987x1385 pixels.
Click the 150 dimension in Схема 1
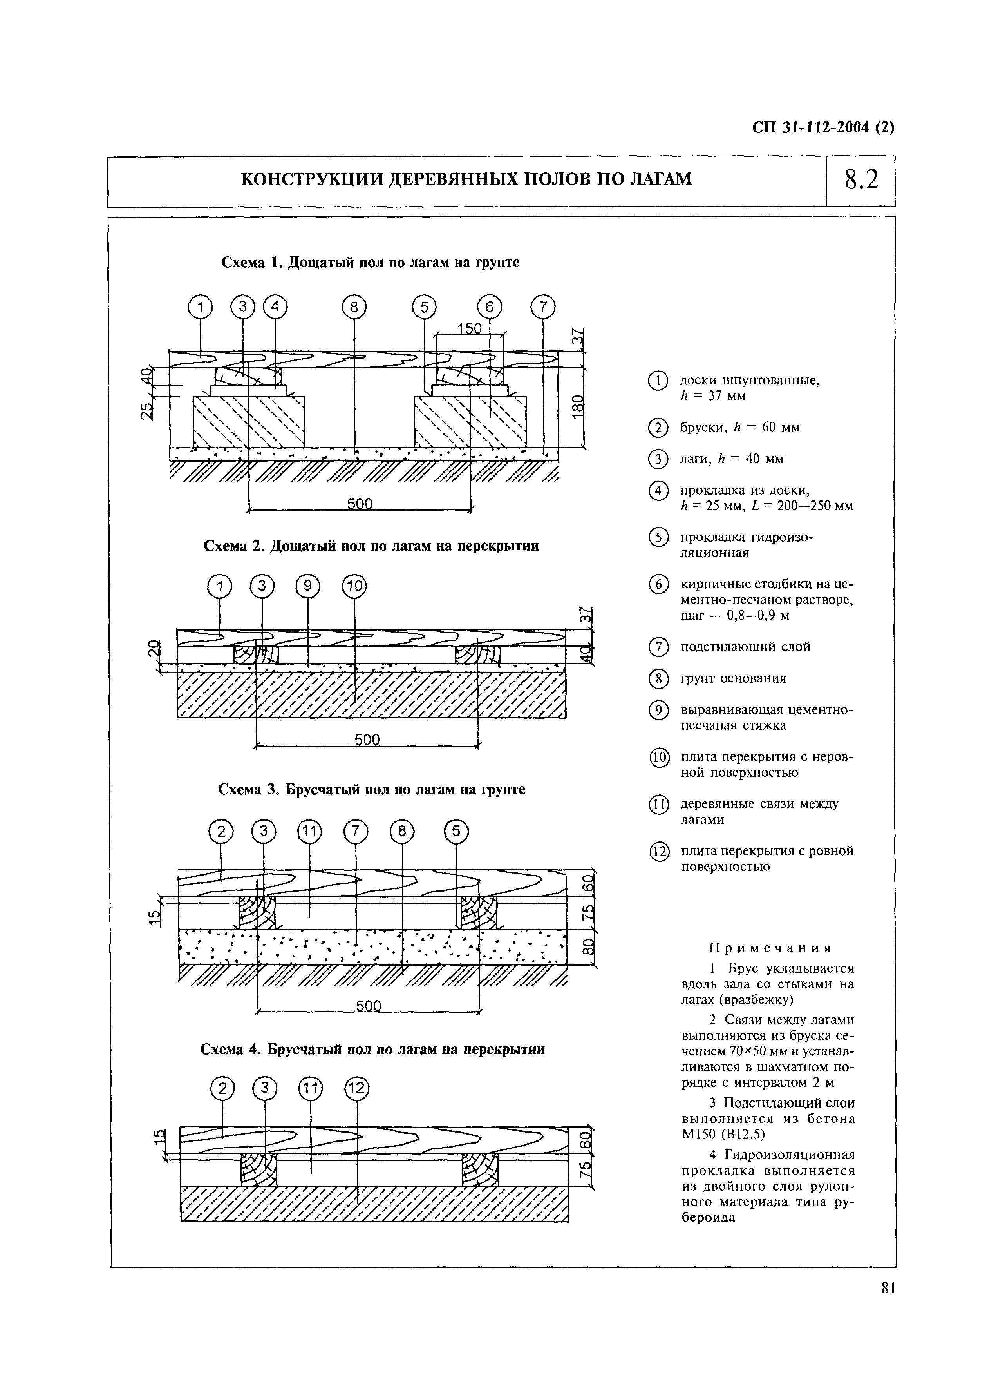[x=469, y=329]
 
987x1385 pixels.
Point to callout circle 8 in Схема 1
[x=354, y=308]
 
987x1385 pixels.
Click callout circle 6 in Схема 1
[x=490, y=308]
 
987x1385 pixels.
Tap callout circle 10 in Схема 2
[x=355, y=587]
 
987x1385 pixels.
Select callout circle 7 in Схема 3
[x=356, y=832]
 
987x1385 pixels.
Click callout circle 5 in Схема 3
[x=457, y=832]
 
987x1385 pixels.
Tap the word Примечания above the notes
[x=770, y=948]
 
